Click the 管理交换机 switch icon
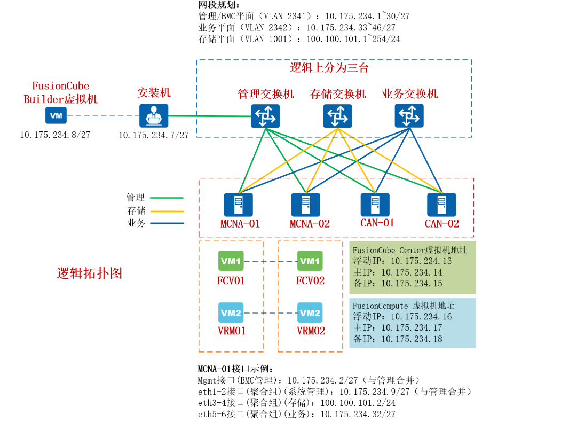click(265, 116)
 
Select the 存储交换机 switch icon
click(337, 116)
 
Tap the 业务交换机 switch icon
click(409, 116)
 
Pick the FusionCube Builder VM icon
click(56, 116)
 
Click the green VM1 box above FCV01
click(231, 261)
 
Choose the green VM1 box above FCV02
click(310, 261)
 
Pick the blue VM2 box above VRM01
click(231, 313)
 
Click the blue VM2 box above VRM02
click(310, 313)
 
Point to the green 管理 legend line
click(168, 198)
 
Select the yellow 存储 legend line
click(168, 210)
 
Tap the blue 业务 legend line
click(168, 223)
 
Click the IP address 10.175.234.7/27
click(154, 136)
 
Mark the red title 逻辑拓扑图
click(90, 273)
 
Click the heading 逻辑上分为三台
click(329, 68)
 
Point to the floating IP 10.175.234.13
click(421, 261)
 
